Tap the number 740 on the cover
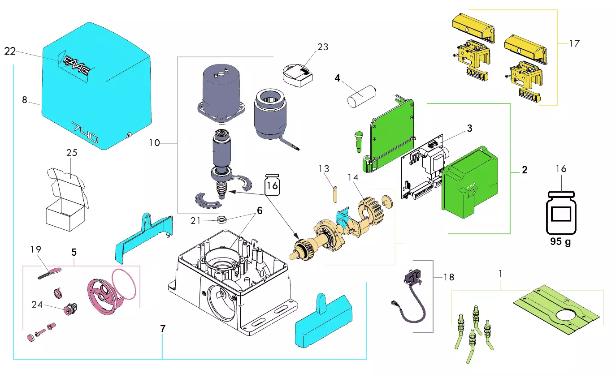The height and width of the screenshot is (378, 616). [86, 133]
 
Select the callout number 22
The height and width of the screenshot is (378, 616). [10, 52]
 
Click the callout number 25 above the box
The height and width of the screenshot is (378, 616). [72, 153]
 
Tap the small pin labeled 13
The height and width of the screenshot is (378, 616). [334, 194]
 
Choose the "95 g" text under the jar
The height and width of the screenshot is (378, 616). [561, 242]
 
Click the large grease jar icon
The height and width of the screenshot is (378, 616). [561, 212]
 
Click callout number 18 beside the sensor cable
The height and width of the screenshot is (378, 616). [448, 277]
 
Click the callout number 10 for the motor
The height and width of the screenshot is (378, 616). [154, 143]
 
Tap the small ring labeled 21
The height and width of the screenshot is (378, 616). [221, 220]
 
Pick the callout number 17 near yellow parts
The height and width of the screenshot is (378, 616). [574, 43]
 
